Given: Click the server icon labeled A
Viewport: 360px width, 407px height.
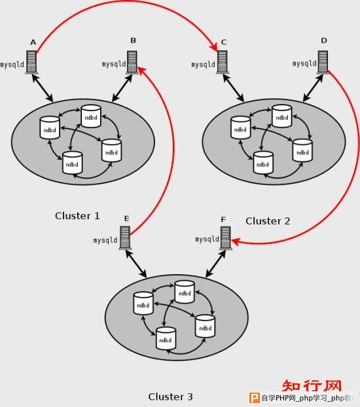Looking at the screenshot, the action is coord(31,62).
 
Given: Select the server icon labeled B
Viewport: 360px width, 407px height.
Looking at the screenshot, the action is coord(132,62).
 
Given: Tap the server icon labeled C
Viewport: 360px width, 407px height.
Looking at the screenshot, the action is coord(222,62).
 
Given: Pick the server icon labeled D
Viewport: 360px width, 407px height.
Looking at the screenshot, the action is coord(323,62).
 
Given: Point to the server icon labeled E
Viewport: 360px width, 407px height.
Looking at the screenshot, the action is coord(125,238).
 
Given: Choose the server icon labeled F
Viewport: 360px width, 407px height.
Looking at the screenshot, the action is coord(225,238).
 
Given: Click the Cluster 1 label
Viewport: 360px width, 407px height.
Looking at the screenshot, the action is coord(77,216).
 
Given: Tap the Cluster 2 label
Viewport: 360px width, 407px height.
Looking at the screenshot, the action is coord(268,221).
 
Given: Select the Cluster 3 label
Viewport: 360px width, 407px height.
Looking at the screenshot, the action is coord(170,397).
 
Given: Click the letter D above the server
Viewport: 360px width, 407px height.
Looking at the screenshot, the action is coord(324,41).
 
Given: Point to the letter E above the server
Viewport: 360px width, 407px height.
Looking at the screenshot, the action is coord(126,219).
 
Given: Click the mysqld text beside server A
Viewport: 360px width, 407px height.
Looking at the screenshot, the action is coord(12,64).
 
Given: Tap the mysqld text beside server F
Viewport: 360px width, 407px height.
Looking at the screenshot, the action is coord(207,239).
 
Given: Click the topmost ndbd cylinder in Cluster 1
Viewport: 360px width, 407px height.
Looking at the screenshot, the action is coord(91,116).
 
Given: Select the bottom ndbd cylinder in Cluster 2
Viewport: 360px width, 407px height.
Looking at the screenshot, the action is coord(263,163).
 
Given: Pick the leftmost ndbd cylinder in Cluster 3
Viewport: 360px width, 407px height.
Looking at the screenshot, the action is coord(143,304).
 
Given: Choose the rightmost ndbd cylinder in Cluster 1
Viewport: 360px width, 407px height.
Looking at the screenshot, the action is coord(111,150).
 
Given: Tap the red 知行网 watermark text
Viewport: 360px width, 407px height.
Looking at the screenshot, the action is coord(312,385).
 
